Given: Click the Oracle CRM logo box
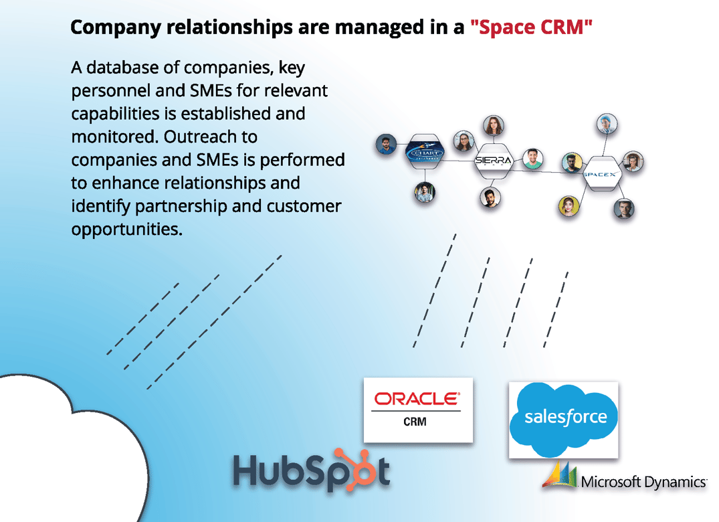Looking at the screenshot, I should [x=418, y=410].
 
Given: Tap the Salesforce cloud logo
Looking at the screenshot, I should [x=563, y=418].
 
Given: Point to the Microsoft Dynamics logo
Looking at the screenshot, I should [x=625, y=479].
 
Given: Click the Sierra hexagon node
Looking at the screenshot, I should [x=493, y=161].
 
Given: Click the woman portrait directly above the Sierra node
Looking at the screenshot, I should [x=493, y=125].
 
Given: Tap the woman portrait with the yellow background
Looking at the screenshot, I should [x=568, y=206].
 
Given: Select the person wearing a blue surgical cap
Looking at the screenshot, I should [x=606, y=123].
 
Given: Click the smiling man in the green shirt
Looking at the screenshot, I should [x=533, y=159].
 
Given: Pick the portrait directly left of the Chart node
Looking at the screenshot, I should [x=386, y=145].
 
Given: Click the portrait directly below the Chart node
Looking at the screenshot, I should [x=424, y=192].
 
